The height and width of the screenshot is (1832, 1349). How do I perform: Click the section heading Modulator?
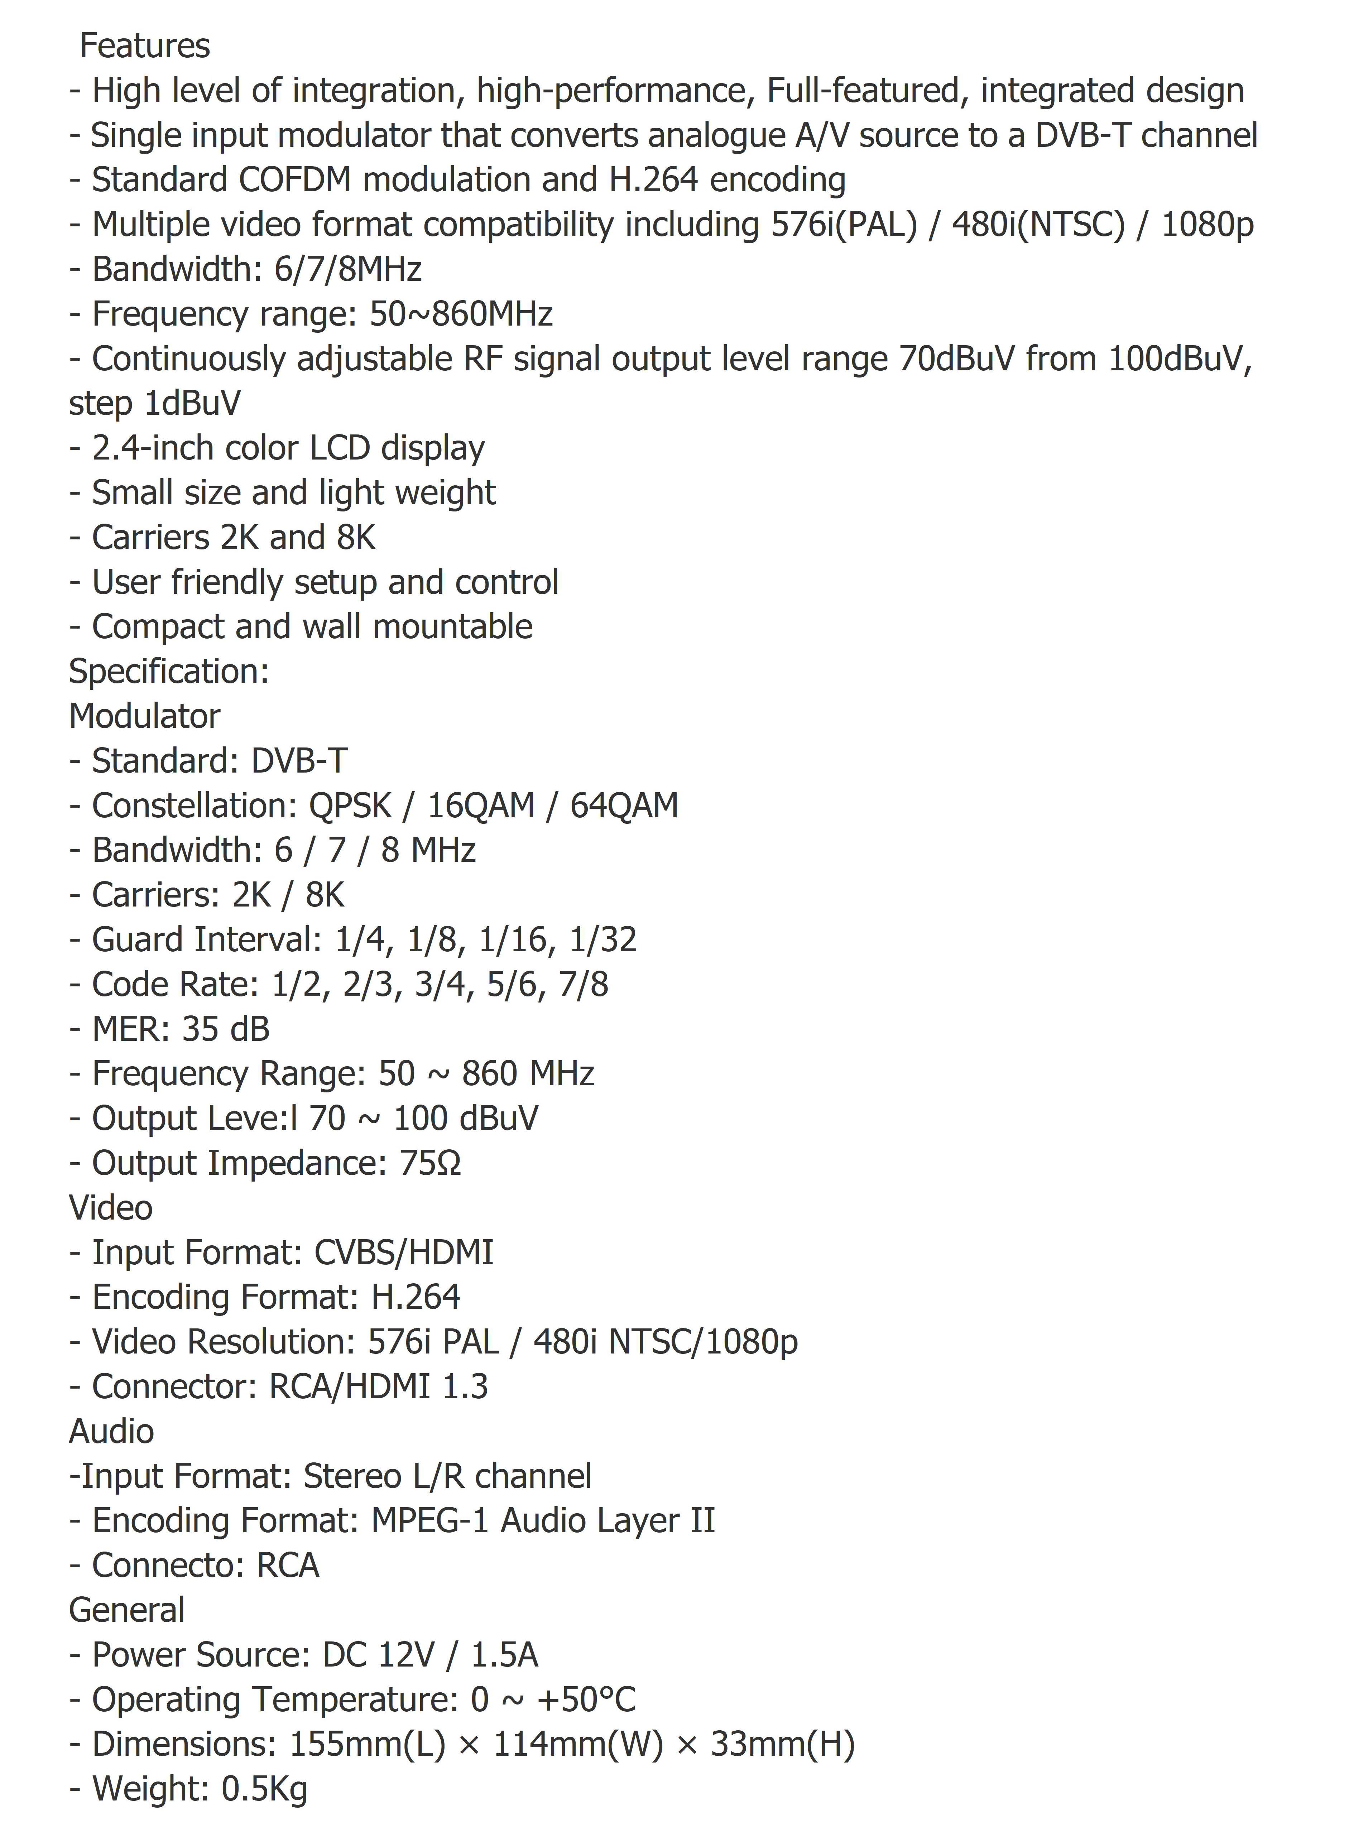(145, 716)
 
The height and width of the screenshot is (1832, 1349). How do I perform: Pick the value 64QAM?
(624, 806)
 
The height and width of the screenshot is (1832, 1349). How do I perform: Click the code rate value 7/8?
(584, 985)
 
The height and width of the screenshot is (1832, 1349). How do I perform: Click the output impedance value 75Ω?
(430, 1163)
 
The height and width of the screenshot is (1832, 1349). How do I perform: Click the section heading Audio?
(111, 1431)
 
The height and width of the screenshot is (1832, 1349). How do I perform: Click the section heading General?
(126, 1610)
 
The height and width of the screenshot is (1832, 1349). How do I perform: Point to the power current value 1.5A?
(505, 1655)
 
